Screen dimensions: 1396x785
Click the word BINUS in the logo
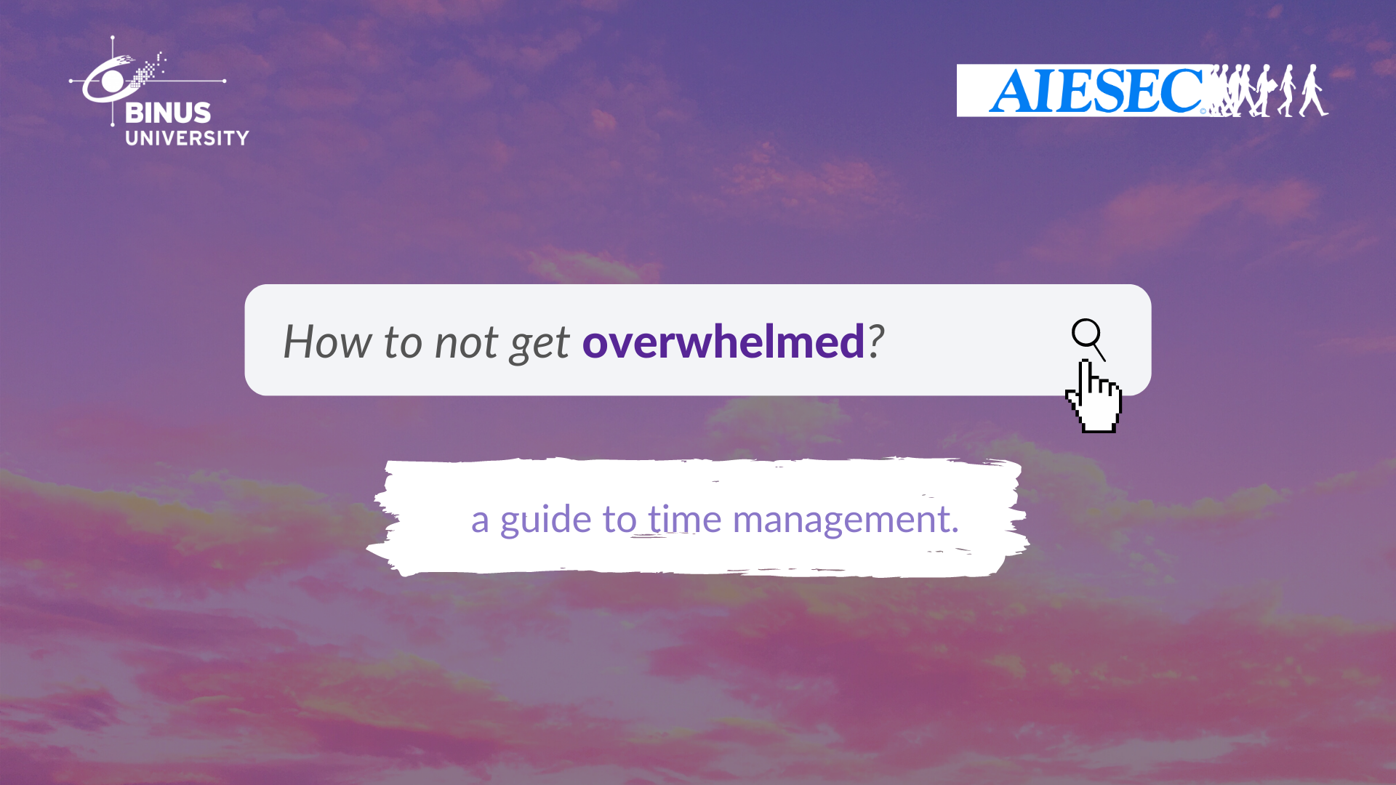(168, 113)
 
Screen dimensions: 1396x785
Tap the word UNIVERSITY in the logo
(187, 138)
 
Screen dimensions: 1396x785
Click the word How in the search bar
(327, 341)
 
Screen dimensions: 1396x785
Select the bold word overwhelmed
(723, 341)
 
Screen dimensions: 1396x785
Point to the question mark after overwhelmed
(876, 341)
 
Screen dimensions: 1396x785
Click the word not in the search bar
(467, 342)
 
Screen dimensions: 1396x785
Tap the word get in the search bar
(539, 345)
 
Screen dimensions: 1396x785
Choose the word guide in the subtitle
(545, 520)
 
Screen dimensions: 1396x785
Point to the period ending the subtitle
(955, 531)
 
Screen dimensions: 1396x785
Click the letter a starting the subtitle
(480, 522)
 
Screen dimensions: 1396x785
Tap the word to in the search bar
(403, 342)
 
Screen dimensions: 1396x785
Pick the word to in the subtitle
(619, 520)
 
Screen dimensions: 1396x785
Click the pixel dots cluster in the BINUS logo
(149, 69)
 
